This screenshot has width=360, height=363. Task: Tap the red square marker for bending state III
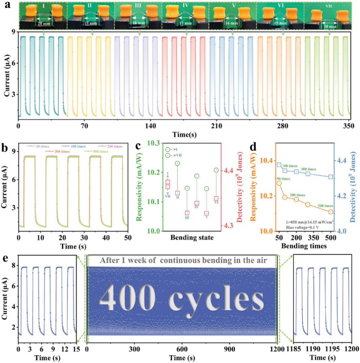point(187,213)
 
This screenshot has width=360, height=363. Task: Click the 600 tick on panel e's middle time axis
point(182,348)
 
